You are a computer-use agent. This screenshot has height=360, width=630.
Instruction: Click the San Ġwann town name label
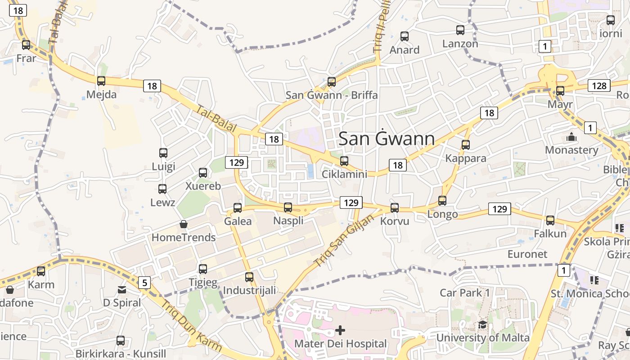pyautogui.click(x=387, y=139)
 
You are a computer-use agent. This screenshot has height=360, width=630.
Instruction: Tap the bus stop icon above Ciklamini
pyautogui.click(x=344, y=161)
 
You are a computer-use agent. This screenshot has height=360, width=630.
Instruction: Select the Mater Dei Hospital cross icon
pyautogui.click(x=340, y=331)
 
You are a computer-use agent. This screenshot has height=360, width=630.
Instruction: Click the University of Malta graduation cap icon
pyautogui.click(x=482, y=324)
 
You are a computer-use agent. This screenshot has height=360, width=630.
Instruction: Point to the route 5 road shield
pyautogui.click(x=144, y=283)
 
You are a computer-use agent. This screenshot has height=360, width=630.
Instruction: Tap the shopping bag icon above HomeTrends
pyautogui.click(x=184, y=224)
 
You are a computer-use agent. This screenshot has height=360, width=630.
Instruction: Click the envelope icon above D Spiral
pyautogui.click(x=122, y=290)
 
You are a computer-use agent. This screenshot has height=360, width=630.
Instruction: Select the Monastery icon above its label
pyautogui.click(x=571, y=137)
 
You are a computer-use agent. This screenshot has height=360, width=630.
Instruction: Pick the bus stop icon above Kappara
pyautogui.click(x=466, y=145)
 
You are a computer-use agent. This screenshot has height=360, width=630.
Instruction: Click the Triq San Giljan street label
pyautogui.click(x=345, y=240)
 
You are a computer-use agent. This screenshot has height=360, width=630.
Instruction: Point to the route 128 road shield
pyautogui.click(x=599, y=85)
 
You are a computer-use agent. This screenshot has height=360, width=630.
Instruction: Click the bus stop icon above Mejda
pyautogui.click(x=101, y=81)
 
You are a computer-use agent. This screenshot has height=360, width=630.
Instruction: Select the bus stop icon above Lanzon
pyautogui.click(x=460, y=30)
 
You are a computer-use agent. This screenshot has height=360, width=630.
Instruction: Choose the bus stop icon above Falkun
pyautogui.click(x=550, y=220)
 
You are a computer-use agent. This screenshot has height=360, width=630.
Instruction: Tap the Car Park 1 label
pyautogui.click(x=464, y=292)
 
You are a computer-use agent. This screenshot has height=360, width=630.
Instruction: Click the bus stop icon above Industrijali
pyautogui.click(x=249, y=277)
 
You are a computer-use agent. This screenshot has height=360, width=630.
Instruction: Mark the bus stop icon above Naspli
pyautogui.click(x=288, y=207)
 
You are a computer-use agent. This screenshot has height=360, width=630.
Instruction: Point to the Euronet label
pyautogui.click(x=527, y=254)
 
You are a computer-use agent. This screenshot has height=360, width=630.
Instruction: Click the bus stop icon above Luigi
pyautogui.click(x=163, y=153)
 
